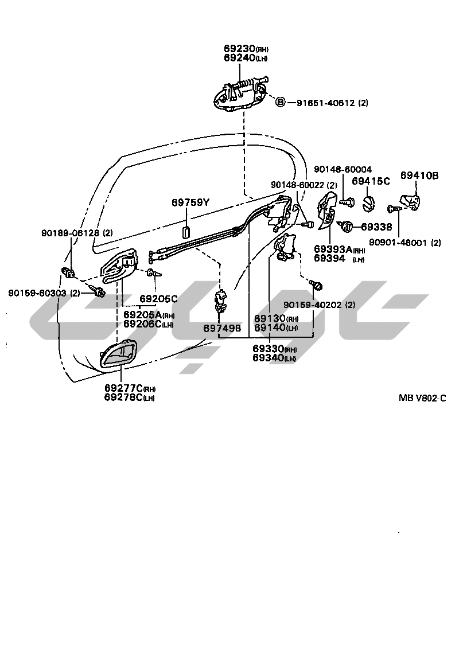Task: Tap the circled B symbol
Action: [x=281, y=103]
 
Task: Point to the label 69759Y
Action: [x=191, y=202]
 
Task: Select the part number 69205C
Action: [x=159, y=299]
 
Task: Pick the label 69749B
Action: [x=222, y=329]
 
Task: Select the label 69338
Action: [x=377, y=227]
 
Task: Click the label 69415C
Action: [x=371, y=181]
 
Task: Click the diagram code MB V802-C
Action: [x=422, y=397]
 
